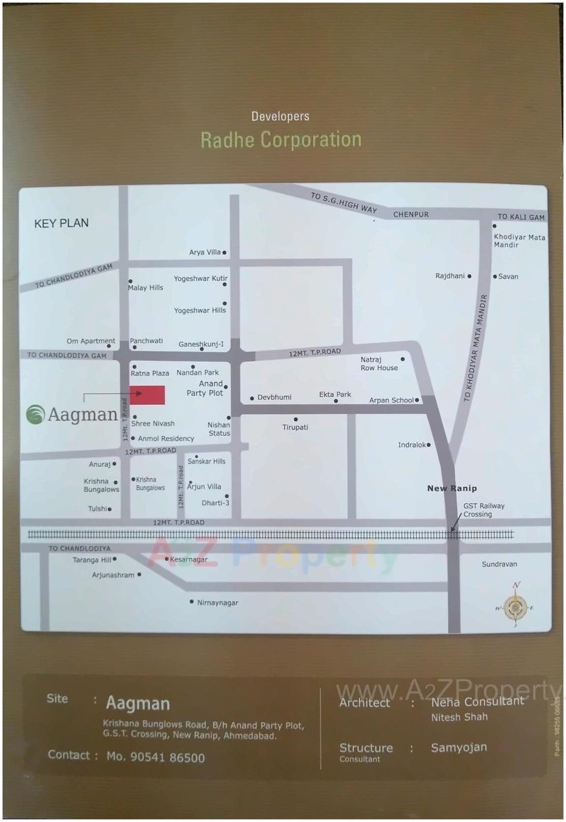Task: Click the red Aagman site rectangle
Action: pos(147,395)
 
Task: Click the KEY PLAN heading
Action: pos(61,223)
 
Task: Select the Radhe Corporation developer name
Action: pos(281,140)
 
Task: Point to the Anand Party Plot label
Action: pos(205,388)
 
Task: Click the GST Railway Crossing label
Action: pos(483,510)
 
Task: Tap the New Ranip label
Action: pos(452,489)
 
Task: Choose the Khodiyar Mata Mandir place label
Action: pos(519,241)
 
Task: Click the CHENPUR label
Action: pos(411,215)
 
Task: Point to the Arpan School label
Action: pos(391,401)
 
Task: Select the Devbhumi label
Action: pos(274,398)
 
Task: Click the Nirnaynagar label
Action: pos(217,603)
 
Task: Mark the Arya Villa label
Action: pos(205,252)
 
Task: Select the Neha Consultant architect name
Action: pos(477,702)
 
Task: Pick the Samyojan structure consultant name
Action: pos(459,747)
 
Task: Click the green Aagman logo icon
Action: pos(36,414)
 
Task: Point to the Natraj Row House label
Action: pos(379,364)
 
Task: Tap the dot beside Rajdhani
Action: pos(469,276)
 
